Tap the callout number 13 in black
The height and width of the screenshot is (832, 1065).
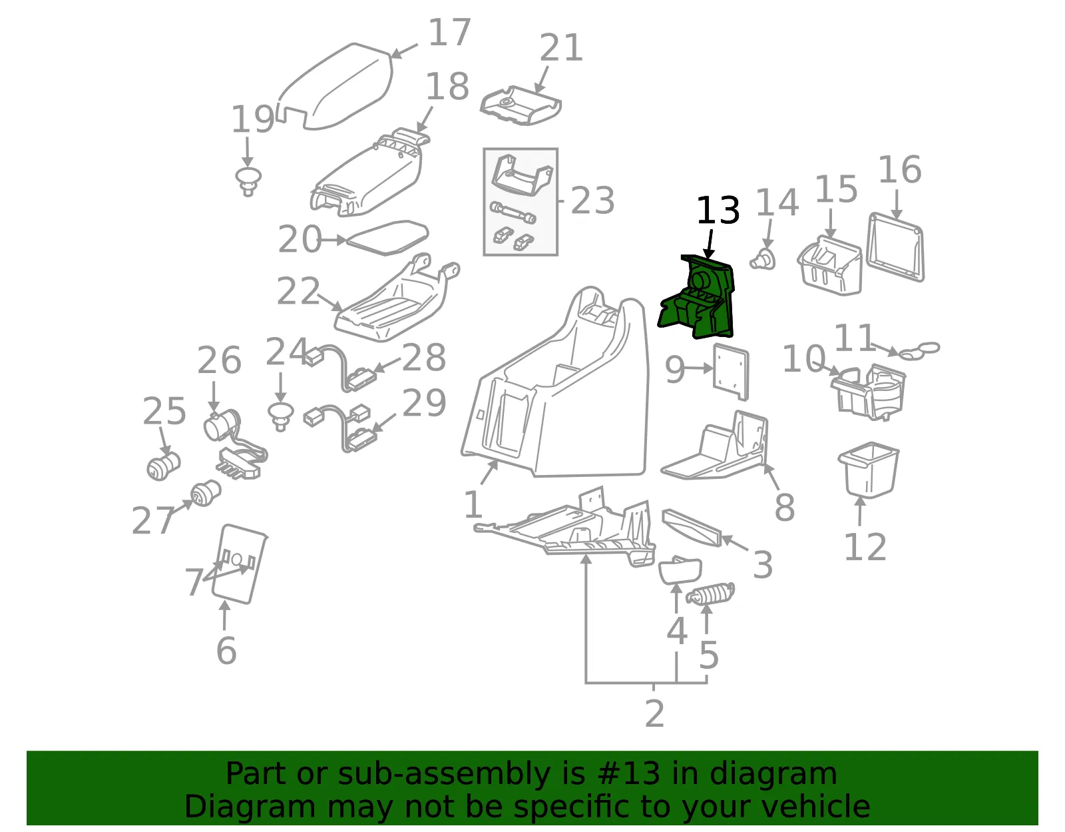coord(718,210)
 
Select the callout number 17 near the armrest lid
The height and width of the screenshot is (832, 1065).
coord(450,33)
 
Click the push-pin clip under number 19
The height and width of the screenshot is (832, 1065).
coord(248,181)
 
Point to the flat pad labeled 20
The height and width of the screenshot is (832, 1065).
coord(387,238)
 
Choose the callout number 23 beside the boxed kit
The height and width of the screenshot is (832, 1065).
coord(592,201)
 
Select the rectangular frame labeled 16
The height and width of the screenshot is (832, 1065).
coord(896,247)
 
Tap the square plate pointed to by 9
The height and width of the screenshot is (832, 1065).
coord(731,371)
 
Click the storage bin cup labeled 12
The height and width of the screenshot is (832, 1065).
coord(868,469)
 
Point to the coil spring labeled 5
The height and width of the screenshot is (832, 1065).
coord(710,594)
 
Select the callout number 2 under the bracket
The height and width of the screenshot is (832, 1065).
coord(655,714)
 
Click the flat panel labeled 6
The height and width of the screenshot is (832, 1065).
coord(240,564)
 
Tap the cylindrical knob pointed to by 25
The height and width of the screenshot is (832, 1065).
coord(163,466)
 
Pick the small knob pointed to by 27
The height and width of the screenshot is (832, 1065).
coord(206,493)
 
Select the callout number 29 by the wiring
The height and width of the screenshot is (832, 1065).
coord(424,402)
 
